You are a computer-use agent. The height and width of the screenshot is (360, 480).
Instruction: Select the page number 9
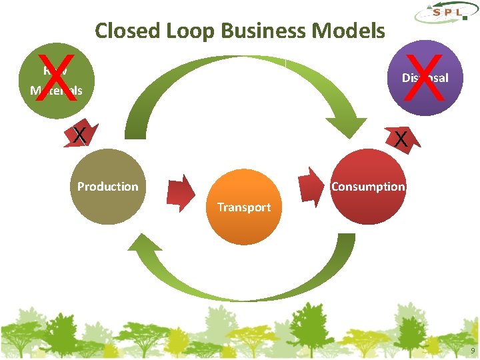coord(473,351)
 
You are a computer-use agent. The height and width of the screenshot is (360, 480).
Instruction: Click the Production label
coord(107,187)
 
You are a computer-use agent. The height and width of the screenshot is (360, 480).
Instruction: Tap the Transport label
coord(244,207)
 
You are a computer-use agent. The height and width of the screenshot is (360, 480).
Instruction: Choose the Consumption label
coord(368,187)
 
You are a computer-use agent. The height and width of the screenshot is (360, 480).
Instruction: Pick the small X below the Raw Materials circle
coord(79,135)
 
